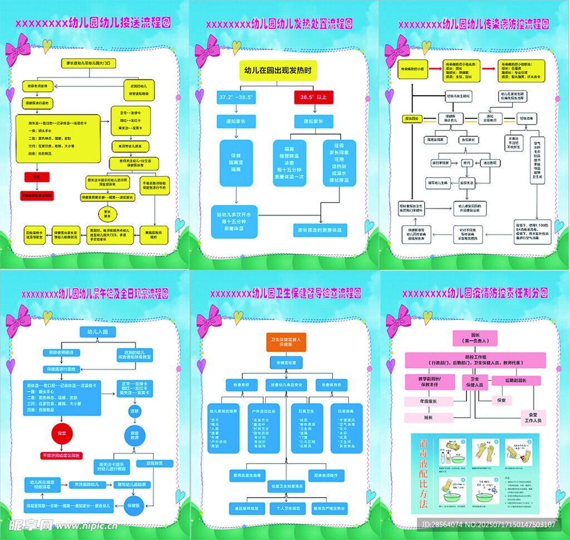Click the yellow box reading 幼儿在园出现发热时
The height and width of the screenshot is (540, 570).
(x=278, y=71)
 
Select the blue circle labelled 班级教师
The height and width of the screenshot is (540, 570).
(x=135, y=436)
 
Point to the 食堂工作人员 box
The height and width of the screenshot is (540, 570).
(x=529, y=418)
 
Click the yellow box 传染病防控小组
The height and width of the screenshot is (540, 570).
(x=412, y=70)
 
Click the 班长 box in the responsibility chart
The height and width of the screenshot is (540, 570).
(x=428, y=417)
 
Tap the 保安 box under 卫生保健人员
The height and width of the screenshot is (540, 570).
(x=501, y=400)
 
